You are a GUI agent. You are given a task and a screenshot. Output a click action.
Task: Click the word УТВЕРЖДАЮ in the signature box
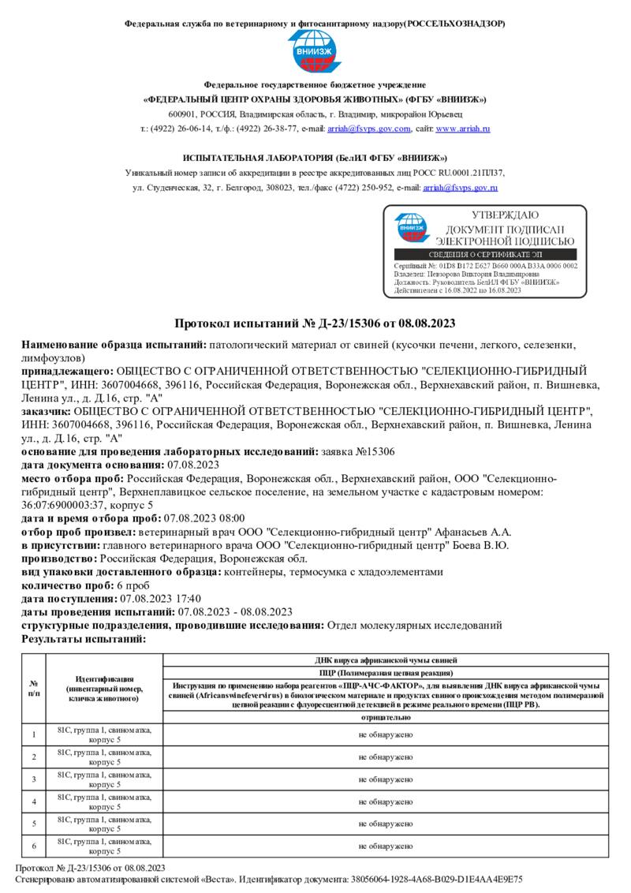pyautogui.click(x=505, y=215)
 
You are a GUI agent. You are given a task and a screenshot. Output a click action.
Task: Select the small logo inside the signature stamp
pyautogui.click(x=413, y=228)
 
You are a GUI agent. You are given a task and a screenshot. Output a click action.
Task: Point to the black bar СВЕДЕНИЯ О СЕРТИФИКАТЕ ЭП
pyautogui.click(x=485, y=255)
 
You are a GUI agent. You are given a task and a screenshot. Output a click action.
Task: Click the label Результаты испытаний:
pyautogui.click(x=83, y=638)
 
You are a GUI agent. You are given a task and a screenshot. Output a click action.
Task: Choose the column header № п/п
pyautogui.click(x=34, y=688)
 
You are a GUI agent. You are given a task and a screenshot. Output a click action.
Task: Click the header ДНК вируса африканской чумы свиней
pyautogui.click(x=385, y=659)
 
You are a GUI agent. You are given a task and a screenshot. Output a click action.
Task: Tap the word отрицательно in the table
pyautogui.click(x=385, y=718)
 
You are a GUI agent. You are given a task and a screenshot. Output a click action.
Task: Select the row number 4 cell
pyautogui.click(x=34, y=801)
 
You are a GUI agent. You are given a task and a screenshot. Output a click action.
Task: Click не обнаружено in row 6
pyautogui.click(x=385, y=846)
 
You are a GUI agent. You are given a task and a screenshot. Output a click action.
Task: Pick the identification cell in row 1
pyautogui.click(x=104, y=735)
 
